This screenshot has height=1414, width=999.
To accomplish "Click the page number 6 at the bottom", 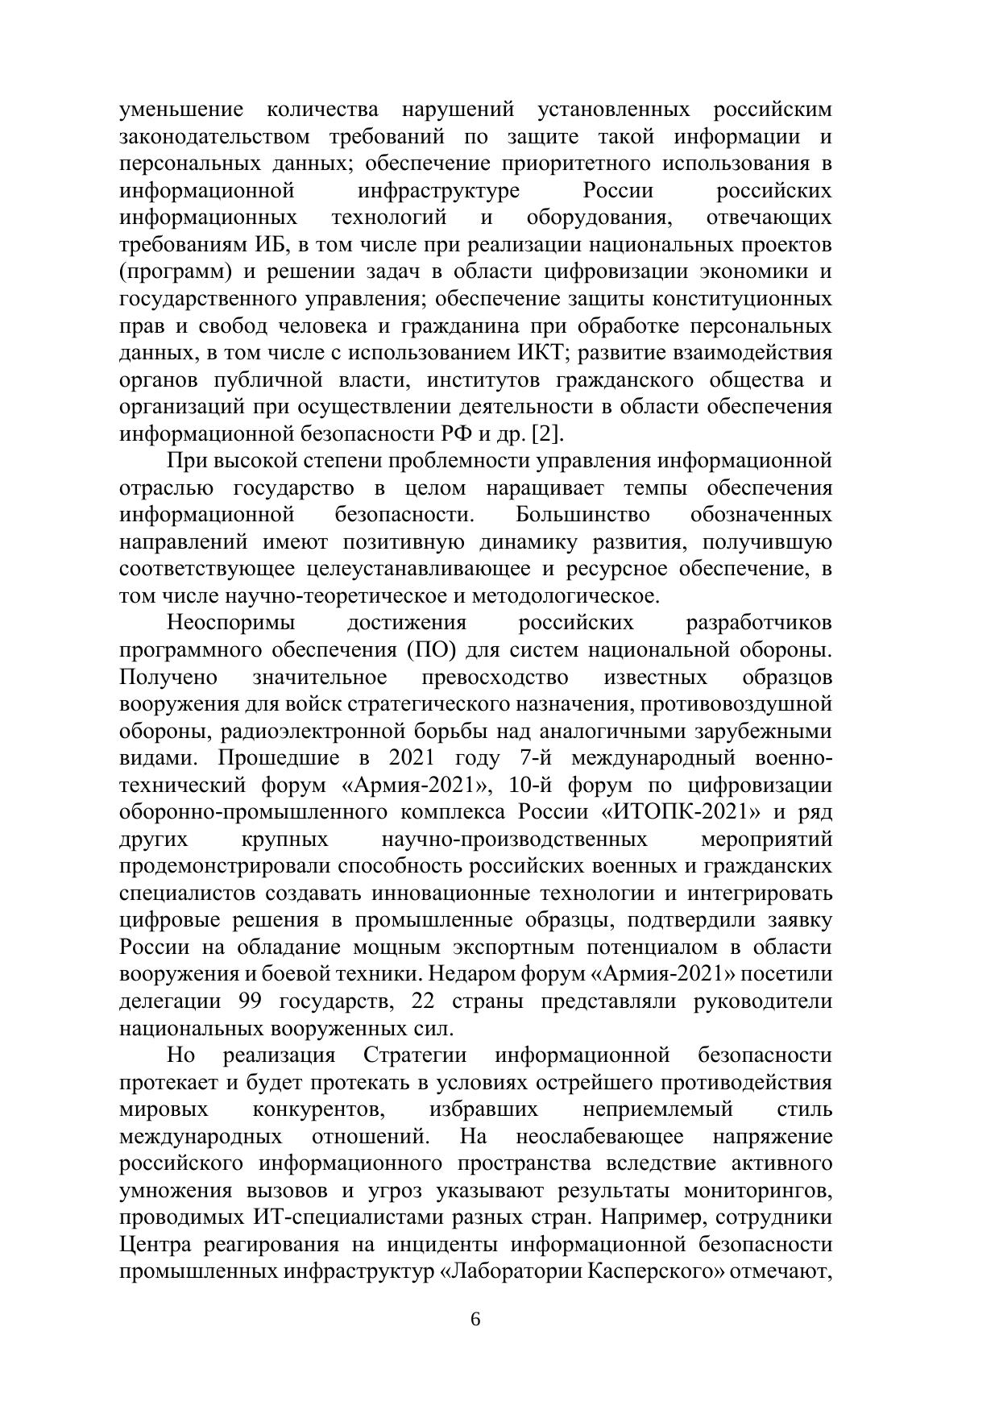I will click(475, 1320).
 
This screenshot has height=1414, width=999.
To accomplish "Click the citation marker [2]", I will click(547, 434).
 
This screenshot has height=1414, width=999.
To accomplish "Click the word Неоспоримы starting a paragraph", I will click(230, 623).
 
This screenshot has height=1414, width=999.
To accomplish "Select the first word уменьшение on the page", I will click(180, 110).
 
